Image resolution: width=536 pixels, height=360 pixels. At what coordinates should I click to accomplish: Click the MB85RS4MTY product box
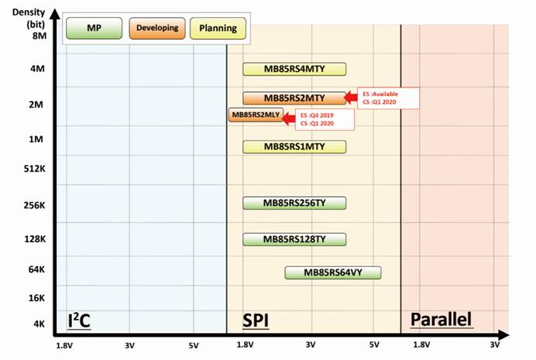[x=294, y=70]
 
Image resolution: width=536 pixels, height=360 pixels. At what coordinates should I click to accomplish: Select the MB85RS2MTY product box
[x=294, y=98]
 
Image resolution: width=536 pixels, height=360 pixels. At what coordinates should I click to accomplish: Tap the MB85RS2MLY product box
[x=256, y=115]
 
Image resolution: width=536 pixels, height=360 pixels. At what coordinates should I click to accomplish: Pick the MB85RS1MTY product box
[x=294, y=146]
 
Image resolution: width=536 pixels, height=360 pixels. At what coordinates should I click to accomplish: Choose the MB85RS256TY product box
[x=294, y=203]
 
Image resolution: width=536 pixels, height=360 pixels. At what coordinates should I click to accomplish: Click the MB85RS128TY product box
[x=294, y=238]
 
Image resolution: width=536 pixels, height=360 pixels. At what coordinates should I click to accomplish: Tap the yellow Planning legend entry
[x=218, y=29]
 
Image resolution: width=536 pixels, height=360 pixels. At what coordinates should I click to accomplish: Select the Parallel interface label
[x=441, y=320]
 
